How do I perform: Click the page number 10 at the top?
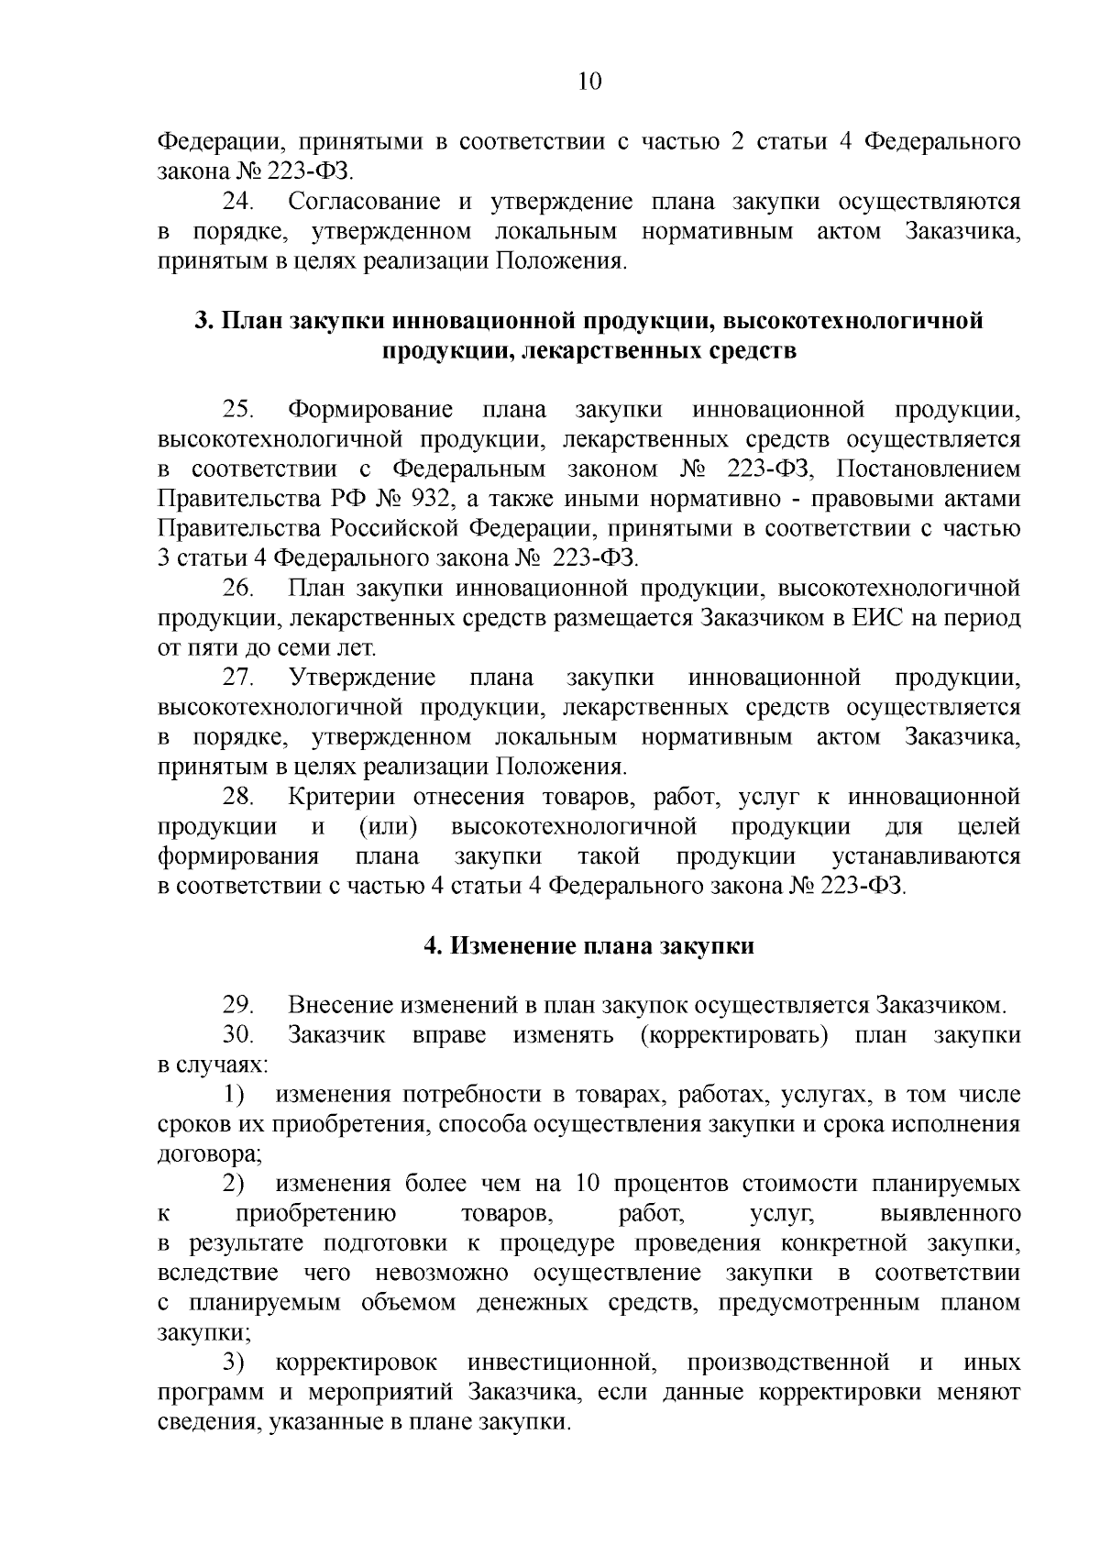pyautogui.click(x=589, y=82)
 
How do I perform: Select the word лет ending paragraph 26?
pyautogui.click(x=356, y=648)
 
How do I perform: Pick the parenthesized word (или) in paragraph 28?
pyautogui.click(x=389, y=827)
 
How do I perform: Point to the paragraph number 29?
pyautogui.click(x=240, y=1005)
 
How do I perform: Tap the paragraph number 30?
pyautogui.click(x=240, y=1035)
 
